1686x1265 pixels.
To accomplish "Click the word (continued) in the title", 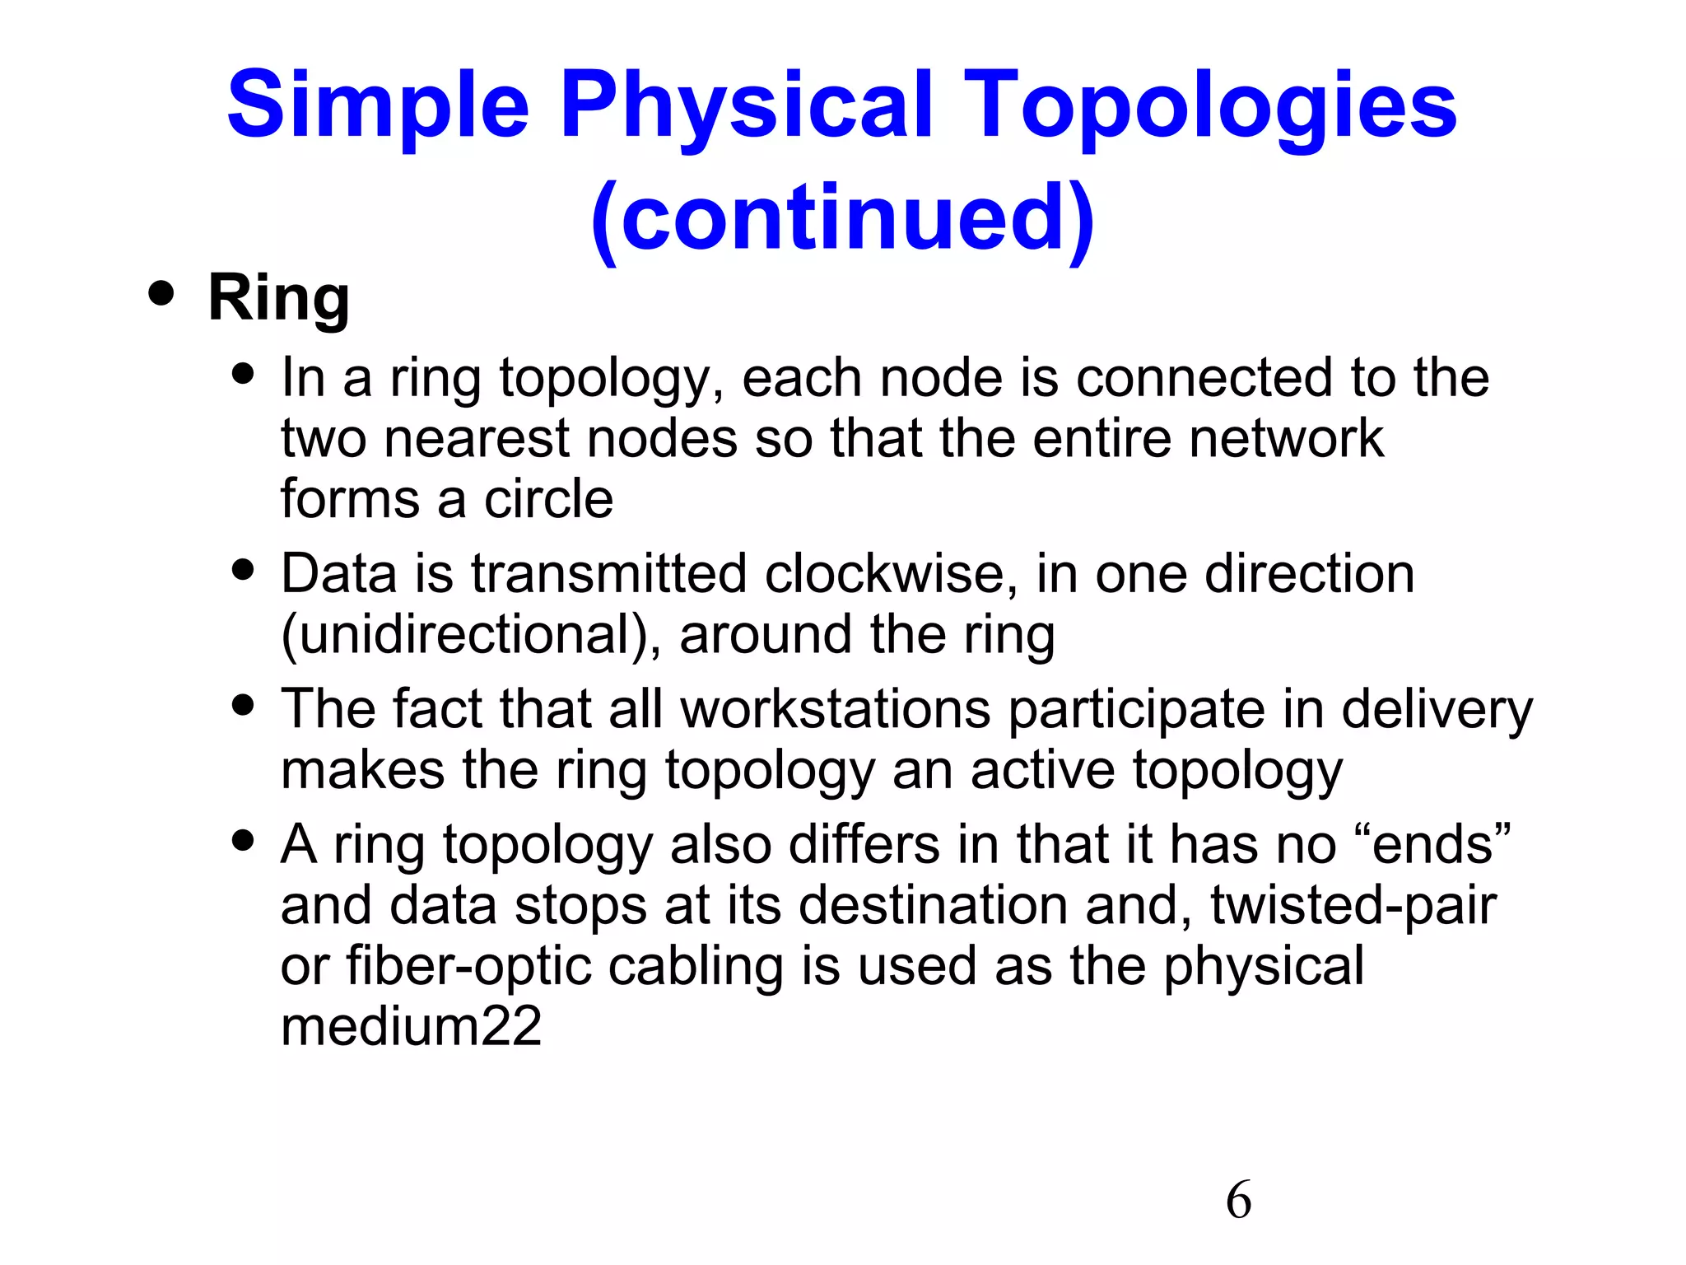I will [x=842, y=218].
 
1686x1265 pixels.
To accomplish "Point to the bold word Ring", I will [x=278, y=298].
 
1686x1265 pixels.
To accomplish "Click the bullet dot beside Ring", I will [x=161, y=294].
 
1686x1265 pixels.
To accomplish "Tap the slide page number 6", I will [x=1238, y=1200].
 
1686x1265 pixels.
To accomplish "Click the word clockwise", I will [x=885, y=574].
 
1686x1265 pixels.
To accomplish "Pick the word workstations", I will [x=835, y=709].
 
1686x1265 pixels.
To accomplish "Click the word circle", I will [x=548, y=499].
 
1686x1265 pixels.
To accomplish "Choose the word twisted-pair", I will [x=1353, y=906].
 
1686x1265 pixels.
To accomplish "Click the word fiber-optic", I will [x=468, y=967].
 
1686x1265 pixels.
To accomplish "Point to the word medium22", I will [x=411, y=1027].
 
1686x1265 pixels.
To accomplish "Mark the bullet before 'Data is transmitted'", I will [x=243, y=570].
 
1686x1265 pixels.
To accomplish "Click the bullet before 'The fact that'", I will [x=243, y=705].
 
